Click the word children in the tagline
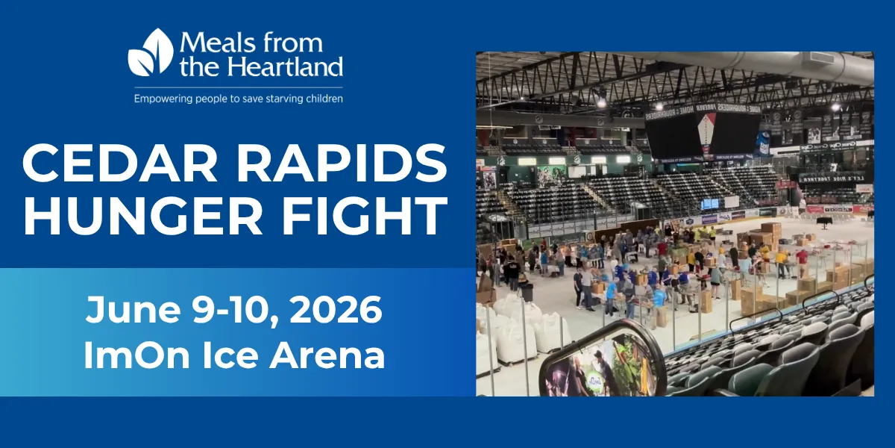[322, 98]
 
